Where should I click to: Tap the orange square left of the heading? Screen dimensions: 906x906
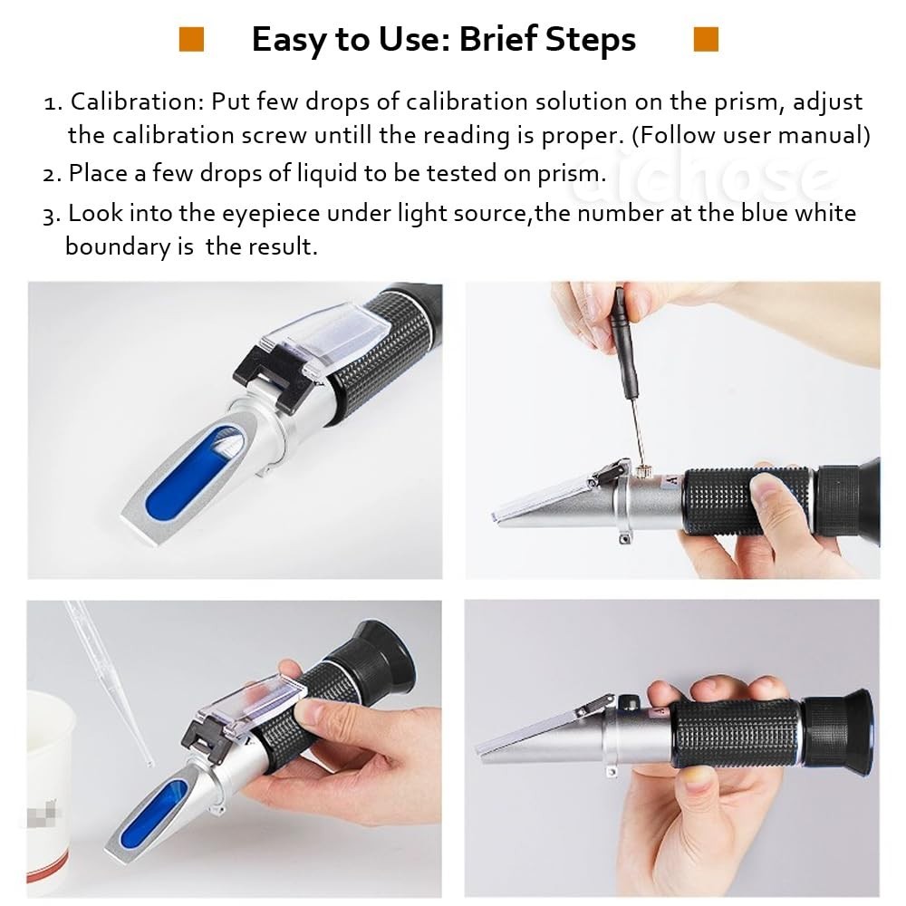pyautogui.click(x=191, y=39)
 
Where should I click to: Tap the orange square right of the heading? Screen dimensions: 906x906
pyautogui.click(x=705, y=39)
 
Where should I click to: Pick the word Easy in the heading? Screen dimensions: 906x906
pyautogui.click(x=287, y=40)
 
